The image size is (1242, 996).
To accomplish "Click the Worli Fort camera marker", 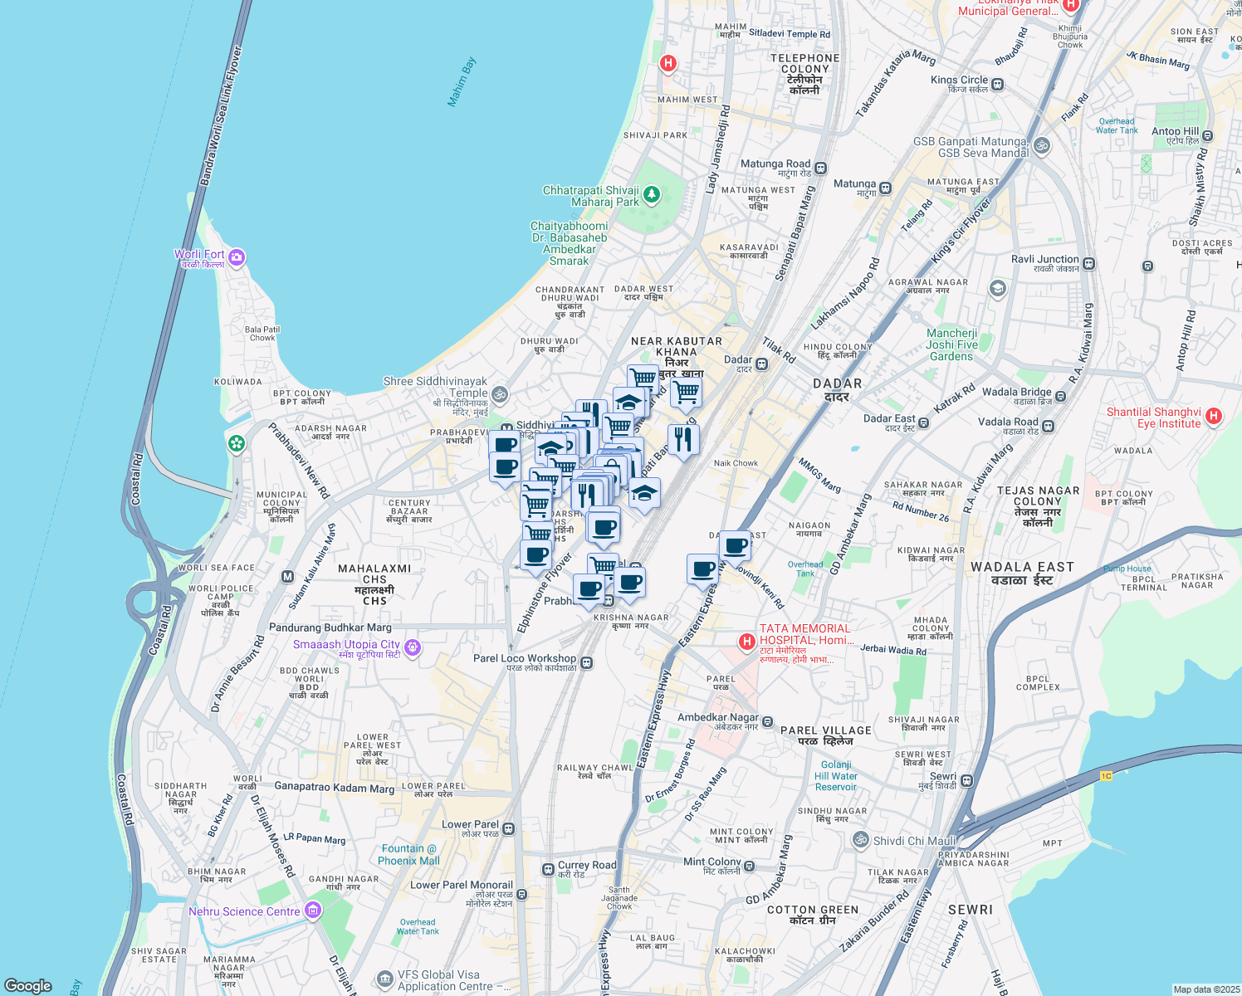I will (x=237, y=257).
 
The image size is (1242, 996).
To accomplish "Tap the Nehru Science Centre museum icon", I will (x=313, y=911).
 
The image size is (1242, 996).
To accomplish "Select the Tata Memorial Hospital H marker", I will (x=746, y=641).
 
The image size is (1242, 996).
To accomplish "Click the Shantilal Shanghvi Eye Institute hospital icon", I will (x=1213, y=417).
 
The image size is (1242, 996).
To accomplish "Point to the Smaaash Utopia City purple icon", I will (x=413, y=647).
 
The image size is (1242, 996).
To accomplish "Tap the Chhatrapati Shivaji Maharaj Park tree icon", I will (x=652, y=195).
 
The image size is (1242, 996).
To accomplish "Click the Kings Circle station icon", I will (x=997, y=84).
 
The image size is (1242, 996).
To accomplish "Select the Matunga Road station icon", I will (x=820, y=168).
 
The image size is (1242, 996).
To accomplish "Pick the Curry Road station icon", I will (x=548, y=869).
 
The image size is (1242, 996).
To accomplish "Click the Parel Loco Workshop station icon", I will (x=587, y=662).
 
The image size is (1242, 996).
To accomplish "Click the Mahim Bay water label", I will (x=462, y=81).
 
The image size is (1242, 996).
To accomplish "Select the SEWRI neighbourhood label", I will (x=971, y=910).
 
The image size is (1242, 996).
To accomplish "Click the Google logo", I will (x=28, y=986).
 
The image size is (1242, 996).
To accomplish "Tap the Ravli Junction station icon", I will (x=1088, y=264).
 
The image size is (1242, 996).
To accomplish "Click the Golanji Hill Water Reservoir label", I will (x=836, y=776).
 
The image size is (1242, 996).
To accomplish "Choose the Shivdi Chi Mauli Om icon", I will (x=861, y=840).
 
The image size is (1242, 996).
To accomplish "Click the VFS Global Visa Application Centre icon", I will (x=384, y=979).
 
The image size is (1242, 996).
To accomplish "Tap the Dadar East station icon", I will (x=923, y=422).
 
